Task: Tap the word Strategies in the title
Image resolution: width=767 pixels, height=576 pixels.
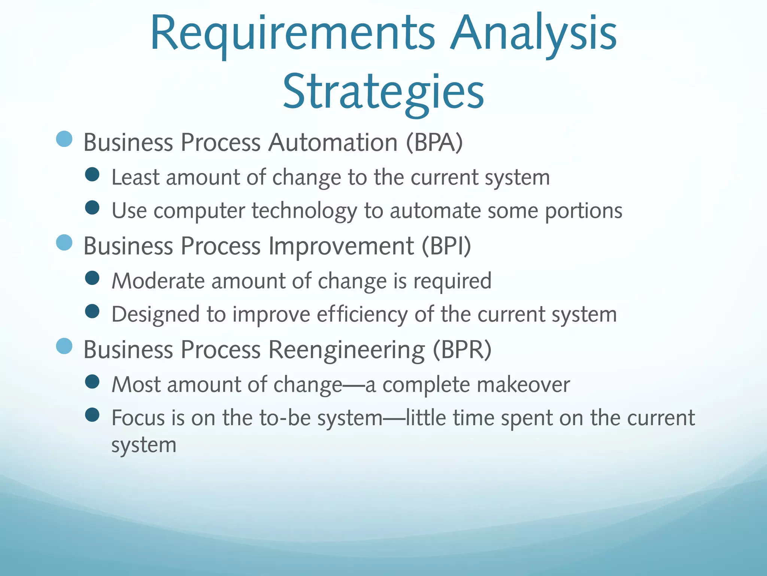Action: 383,92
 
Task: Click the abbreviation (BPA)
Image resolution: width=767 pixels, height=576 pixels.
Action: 434,142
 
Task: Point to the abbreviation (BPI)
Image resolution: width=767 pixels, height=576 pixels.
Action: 446,246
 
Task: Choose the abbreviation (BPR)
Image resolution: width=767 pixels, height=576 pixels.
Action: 462,349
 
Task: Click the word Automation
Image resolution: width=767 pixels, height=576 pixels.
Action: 333,142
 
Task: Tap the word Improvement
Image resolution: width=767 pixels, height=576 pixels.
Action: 341,246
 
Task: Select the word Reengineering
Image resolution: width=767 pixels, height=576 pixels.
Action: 347,349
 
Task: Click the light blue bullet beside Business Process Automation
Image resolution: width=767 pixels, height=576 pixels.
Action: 64,139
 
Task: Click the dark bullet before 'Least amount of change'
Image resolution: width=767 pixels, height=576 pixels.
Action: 92,174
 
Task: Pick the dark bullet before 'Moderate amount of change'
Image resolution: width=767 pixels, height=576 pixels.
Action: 92,278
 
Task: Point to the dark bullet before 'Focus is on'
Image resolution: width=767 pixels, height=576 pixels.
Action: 92,415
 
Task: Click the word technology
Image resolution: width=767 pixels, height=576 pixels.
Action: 304,211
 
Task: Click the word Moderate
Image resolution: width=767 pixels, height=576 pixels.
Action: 158,281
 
